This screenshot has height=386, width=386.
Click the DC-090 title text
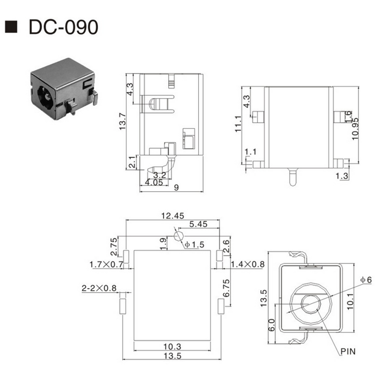(x=63, y=27)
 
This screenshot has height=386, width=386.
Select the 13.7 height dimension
(x=122, y=121)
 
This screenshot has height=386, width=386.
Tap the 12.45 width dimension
(x=173, y=216)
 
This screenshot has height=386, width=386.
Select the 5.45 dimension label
(x=198, y=224)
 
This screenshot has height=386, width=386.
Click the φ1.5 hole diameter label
(x=195, y=244)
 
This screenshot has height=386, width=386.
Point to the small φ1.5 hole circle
(x=179, y=236)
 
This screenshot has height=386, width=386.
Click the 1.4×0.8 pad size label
(x=248, y=265)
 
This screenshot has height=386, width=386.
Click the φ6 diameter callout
(x=365, y=279)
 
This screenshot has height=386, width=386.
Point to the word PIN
(x=347, y=352)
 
